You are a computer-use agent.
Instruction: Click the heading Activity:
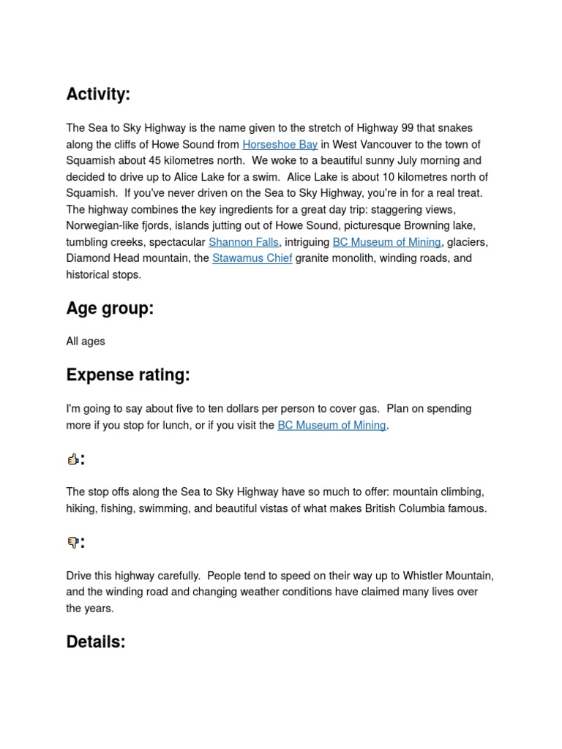click(98, 94)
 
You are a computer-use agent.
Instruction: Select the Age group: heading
click(110, 309)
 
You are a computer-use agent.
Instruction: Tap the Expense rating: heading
click(127, 375)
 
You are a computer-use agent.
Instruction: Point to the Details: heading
click(96, 642)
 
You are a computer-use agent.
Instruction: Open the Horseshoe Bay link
click(280, 145)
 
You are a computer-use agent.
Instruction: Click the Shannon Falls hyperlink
click(243, 242)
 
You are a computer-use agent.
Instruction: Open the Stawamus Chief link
click(252, 258)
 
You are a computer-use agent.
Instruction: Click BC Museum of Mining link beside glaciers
click(386, 242)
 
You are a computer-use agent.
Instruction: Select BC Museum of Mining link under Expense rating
click(331, 425)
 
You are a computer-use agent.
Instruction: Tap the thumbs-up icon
click(72, 459)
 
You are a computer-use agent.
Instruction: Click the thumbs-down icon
click(72, 543)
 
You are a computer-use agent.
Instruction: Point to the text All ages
click(86, 342)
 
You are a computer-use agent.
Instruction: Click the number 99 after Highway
click(408, 128)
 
